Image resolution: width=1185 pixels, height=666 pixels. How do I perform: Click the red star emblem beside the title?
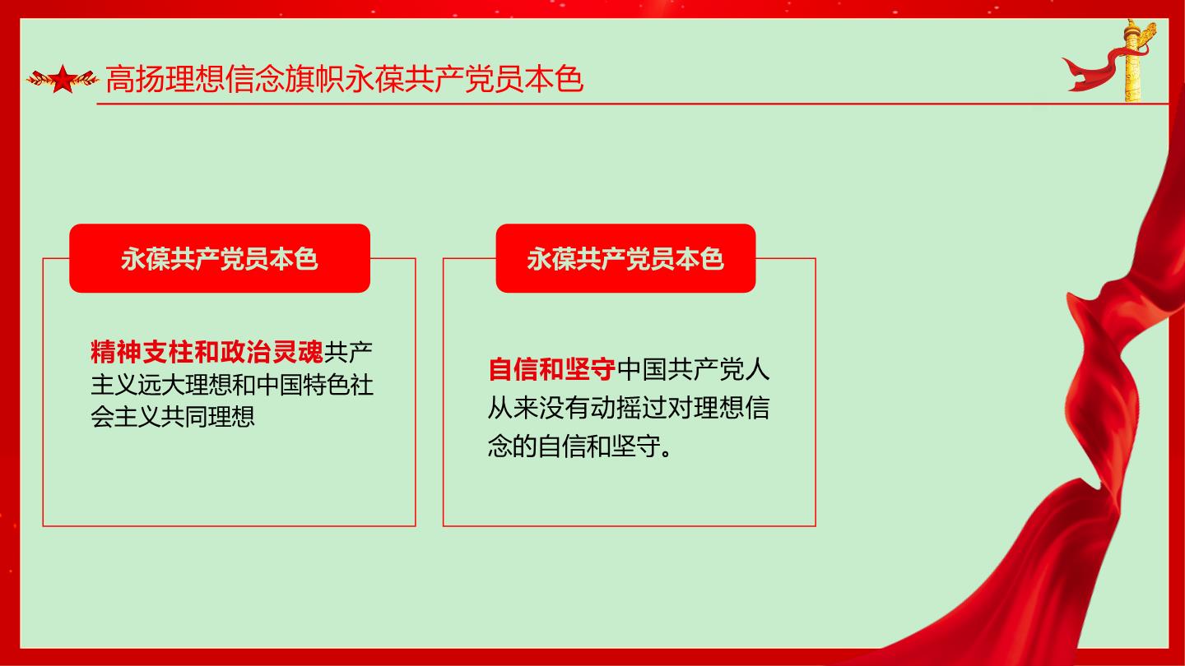click(x=63, y=79)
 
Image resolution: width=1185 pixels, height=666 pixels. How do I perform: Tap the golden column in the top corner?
click(x=1132, y=62)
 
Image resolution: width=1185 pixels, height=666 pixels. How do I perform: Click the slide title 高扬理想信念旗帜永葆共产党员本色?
click(x=344, y=79)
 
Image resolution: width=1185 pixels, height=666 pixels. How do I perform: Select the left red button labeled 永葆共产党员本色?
click(x=220, y=258)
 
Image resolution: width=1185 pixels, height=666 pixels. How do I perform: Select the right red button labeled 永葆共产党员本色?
click(x=625, y=258)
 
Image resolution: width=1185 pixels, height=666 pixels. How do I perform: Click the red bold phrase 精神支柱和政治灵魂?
click(x=207, y=352)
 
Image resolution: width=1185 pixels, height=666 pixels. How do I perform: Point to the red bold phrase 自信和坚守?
click(x=551, y=369)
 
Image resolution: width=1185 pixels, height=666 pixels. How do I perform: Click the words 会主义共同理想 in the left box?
click(x=173, y=417)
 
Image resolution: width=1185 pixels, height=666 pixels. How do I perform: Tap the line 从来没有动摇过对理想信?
click(x=629, y=408)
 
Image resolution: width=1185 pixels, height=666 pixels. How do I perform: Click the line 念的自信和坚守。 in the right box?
click(x=580, y=446)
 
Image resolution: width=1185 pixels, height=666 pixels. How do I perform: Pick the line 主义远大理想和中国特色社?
click(x=232, y=384)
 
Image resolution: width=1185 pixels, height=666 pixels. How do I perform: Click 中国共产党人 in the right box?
click(x=693, y=369)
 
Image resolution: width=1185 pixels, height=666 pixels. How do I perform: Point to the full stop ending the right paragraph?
click(x=667, y=454)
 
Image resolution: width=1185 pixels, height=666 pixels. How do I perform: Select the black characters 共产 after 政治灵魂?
click(x=349, y=352)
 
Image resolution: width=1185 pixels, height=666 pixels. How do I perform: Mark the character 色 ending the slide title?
click(x=569, y=79)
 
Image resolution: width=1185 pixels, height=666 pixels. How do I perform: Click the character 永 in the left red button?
click(x=132, y=258)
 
